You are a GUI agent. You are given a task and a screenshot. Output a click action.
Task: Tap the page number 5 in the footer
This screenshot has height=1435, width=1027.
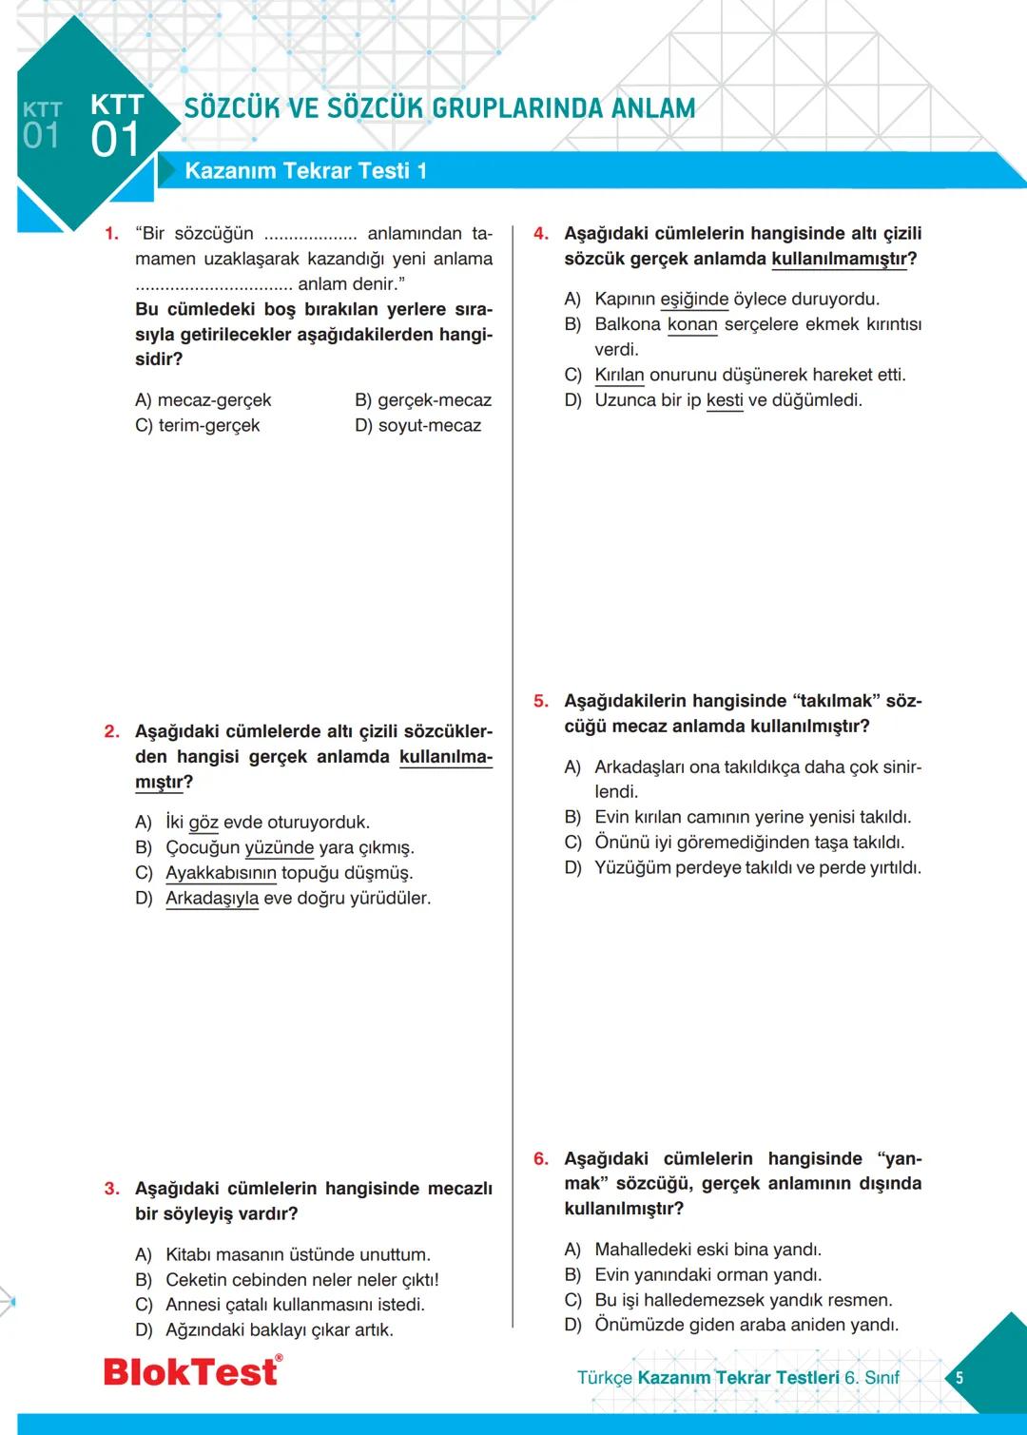tap(959, 1377)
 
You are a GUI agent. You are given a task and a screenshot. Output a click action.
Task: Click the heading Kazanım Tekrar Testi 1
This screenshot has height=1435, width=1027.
tap(305, 171)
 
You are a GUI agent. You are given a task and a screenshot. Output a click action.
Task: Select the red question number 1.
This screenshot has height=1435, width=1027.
tap(111, 234)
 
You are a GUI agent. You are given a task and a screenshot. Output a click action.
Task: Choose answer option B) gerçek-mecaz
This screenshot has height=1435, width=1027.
tap(422, 400)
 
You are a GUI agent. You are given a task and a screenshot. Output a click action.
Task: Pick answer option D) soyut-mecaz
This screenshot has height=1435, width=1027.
tap(417, 426)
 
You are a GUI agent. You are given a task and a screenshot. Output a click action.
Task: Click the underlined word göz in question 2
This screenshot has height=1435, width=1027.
tap(203, 823)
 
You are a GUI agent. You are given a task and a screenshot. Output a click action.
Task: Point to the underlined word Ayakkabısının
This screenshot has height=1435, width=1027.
tap(221, 873)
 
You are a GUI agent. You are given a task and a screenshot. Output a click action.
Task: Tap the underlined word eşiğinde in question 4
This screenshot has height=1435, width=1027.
tap(694, 300)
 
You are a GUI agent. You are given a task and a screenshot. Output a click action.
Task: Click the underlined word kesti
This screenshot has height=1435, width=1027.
tap(725, 400)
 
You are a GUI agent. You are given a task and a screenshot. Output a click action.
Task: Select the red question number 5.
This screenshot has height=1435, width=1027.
tap(540, 702)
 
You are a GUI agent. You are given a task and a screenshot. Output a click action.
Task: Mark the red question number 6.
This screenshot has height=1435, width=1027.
tap(540, 1159)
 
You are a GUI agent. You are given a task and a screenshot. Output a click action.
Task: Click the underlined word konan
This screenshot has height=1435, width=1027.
tap(692, 324)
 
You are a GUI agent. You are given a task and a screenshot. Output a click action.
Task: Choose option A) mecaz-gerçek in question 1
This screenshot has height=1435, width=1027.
tap(203, 400)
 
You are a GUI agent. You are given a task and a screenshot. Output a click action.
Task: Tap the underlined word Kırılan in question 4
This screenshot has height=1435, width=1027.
tap(619, 375)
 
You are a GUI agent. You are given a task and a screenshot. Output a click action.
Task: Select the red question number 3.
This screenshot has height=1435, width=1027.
tap(111, 1189)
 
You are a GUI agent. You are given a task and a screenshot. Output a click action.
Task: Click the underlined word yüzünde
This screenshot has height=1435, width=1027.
tap(279, 847)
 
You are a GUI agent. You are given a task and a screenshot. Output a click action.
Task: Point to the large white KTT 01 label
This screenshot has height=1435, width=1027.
tap(117, 126)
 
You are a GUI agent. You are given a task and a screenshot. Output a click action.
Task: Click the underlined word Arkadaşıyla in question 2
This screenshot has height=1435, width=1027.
tap(212, 899)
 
